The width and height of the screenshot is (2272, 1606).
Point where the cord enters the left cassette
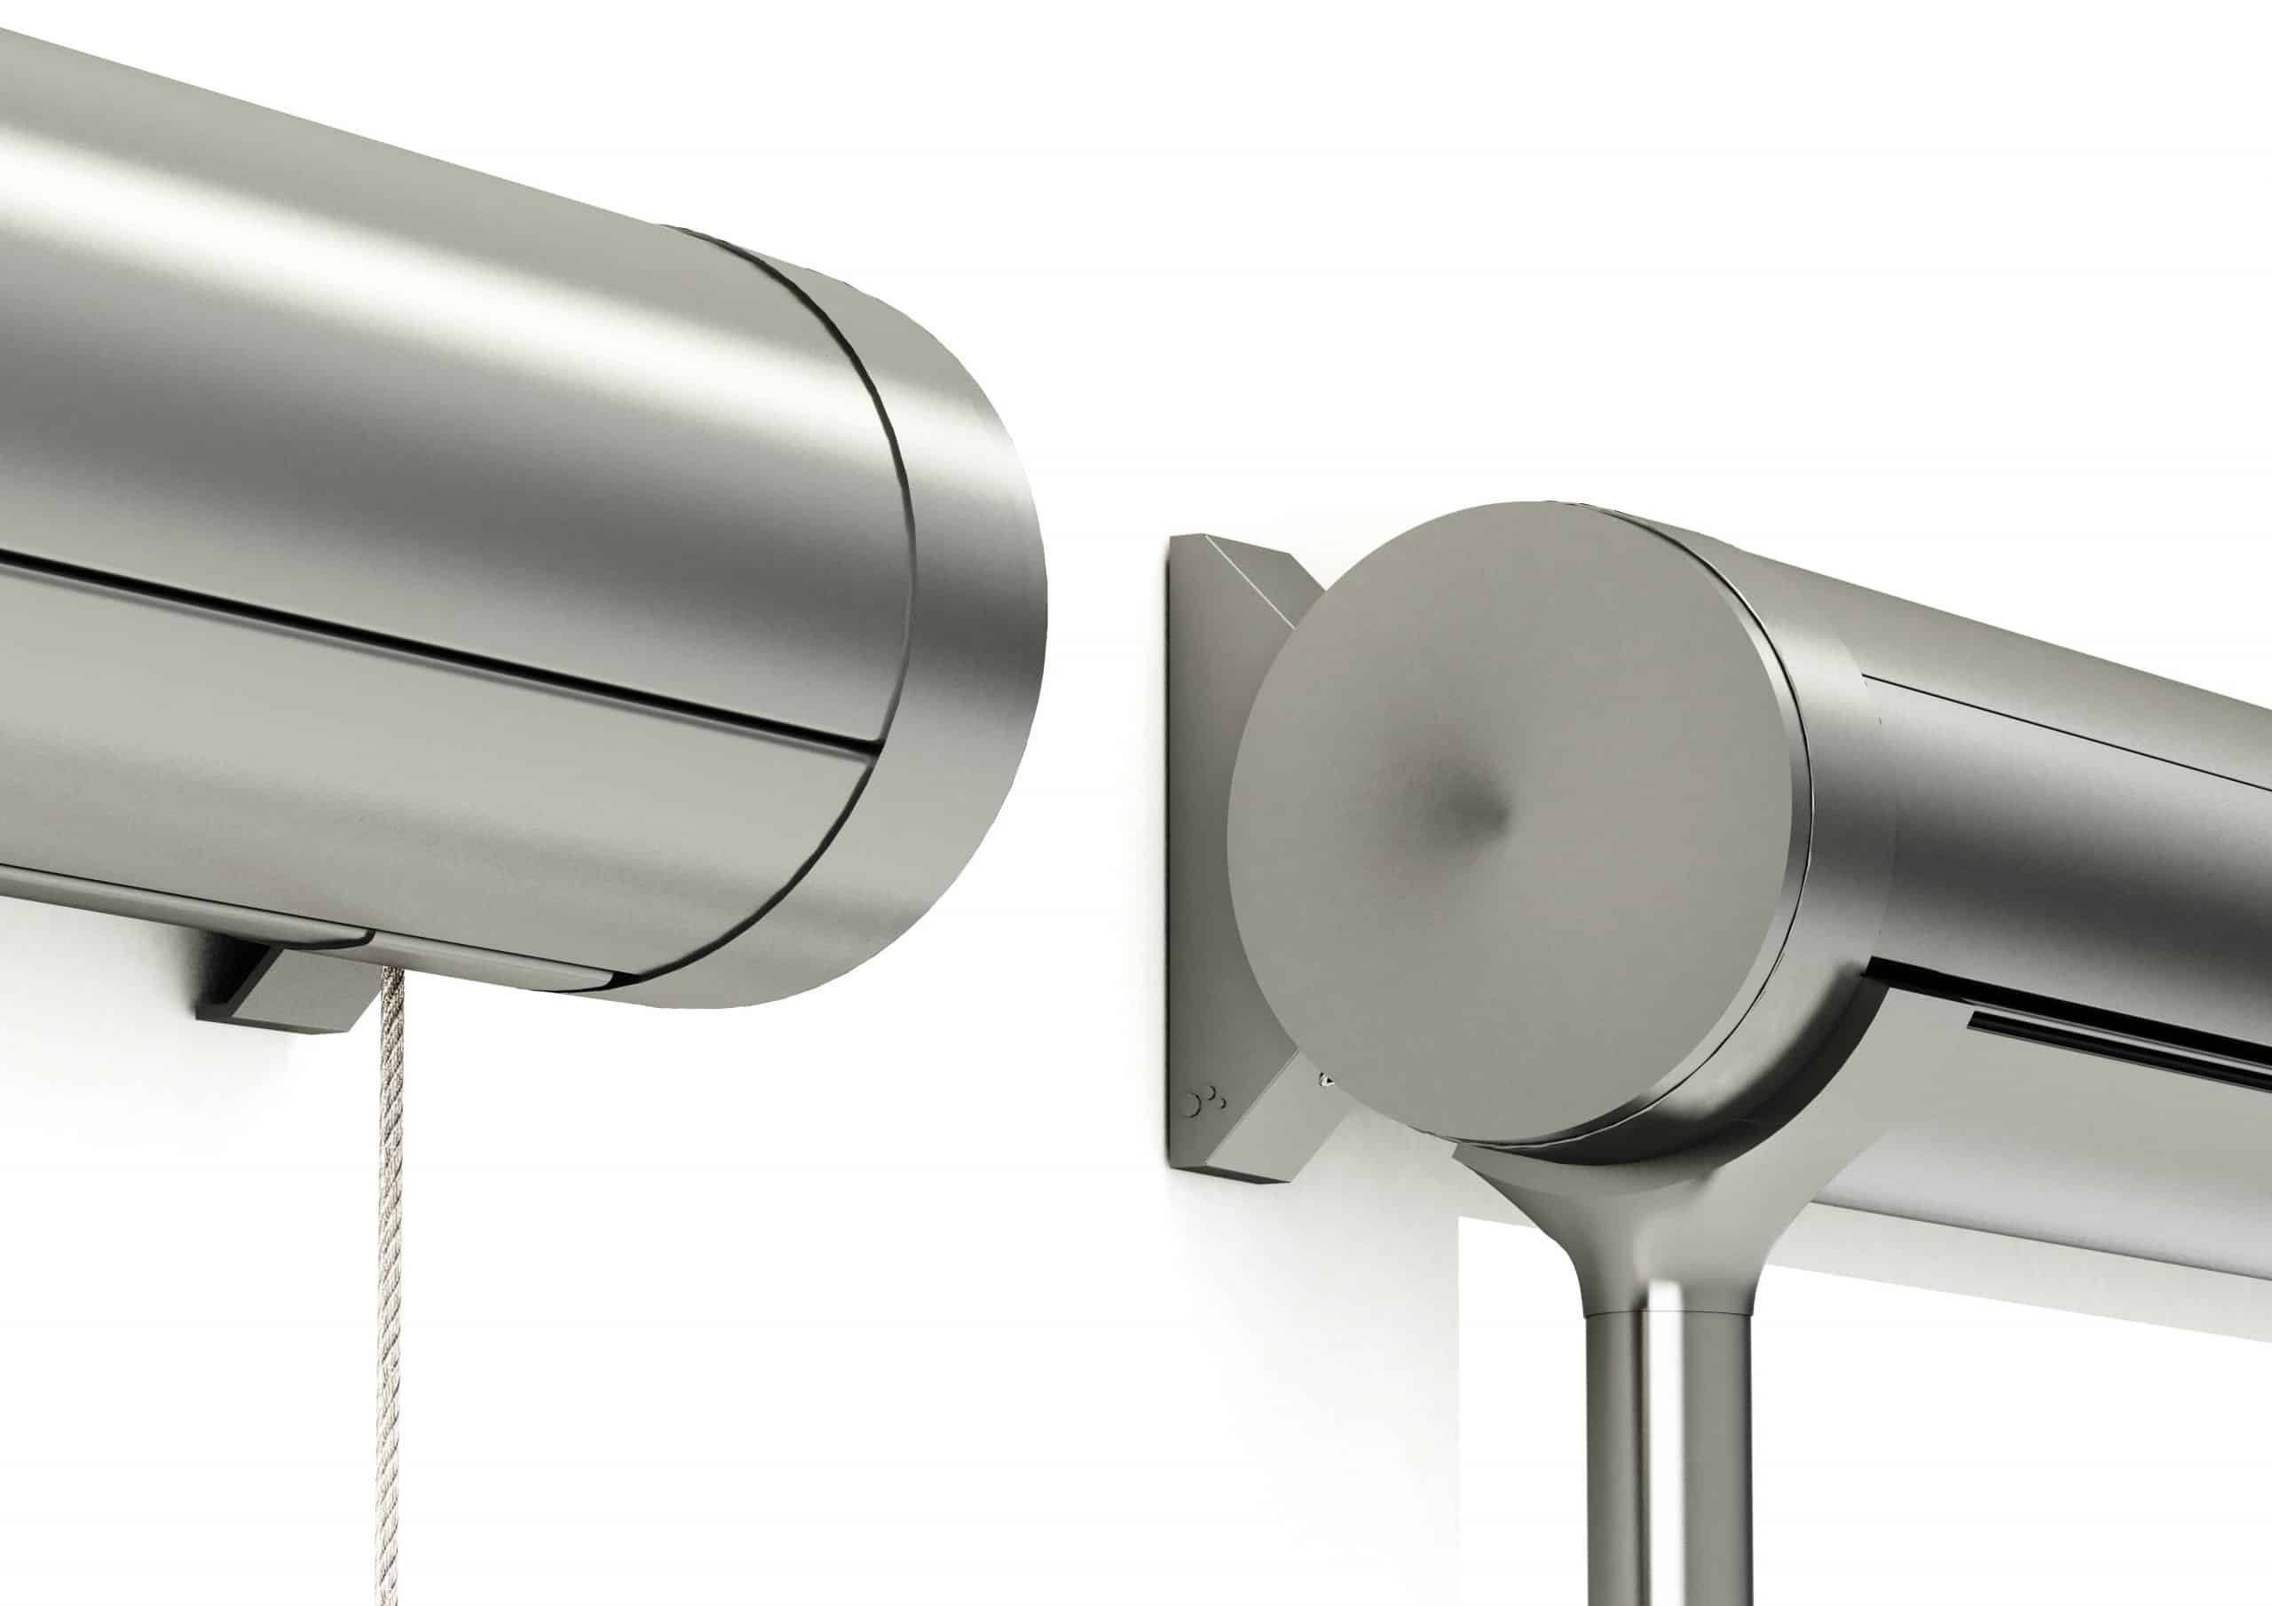point(393,974)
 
